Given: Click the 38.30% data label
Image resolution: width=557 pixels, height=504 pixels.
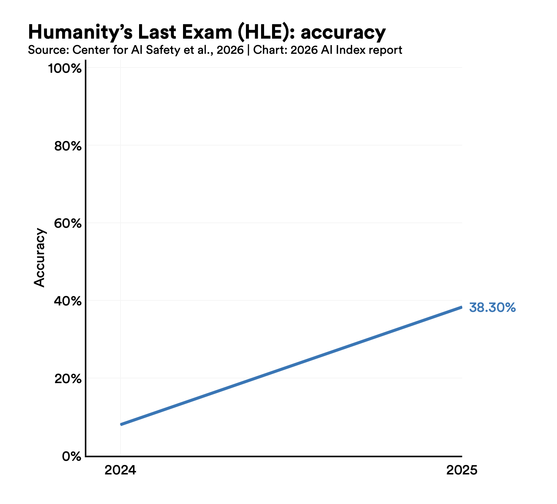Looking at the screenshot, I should (492, 308).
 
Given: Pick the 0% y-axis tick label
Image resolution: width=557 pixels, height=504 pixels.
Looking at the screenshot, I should (72, 457).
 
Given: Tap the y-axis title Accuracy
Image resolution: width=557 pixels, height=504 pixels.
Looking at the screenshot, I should (39, 257).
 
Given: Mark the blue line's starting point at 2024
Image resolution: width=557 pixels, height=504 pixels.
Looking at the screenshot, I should (121, 424).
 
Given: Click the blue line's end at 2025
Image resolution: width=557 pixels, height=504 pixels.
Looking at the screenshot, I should (461, 307).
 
